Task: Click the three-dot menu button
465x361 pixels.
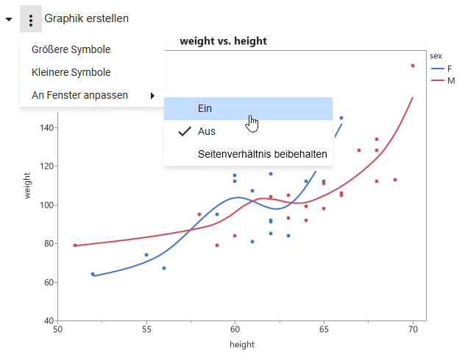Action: point(30,18)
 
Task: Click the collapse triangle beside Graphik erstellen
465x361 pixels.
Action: point(8,19)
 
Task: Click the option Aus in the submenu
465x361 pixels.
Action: point(207,131)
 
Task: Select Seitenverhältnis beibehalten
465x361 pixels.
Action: point(262,155)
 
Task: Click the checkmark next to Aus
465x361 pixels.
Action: point(185,131)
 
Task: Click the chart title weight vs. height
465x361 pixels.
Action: point(223,41)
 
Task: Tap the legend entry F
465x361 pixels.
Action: point(450,68)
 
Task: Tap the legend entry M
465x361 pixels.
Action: point(450,80)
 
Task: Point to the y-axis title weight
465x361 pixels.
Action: point(27,186)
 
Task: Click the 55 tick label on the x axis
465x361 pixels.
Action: point(146,329)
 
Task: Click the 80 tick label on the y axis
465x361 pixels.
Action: point(47,244)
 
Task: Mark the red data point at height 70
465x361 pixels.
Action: point(413,66)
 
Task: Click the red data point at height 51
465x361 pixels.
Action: point(75,245)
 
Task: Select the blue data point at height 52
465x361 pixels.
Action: point(93,274)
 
